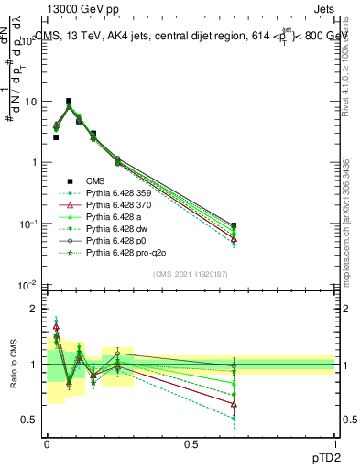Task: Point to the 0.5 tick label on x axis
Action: pyautogui.click(x=191, y=442)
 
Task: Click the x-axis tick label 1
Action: pyautogui.click(x=335, y=442)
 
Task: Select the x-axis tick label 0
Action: pyautogui.click(x=47, y=442)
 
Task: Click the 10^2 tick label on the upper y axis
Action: pyautogui.click(x=28, y=41)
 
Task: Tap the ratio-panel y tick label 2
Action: pyautogui.click(x=32, y=310)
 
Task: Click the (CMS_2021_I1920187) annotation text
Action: pyautogui.click(x=191, y=274)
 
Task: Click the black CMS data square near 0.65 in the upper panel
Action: pyautogui.click(x=235, y=225)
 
